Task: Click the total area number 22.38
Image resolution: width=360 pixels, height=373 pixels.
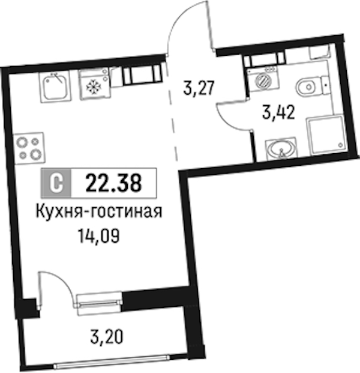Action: [x=113, y=183]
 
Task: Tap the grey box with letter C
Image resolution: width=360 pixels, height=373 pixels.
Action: [x=56, y=183]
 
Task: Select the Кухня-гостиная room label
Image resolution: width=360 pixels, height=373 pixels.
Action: [x=99, y=211]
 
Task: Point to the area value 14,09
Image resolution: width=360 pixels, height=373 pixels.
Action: [x=98, y=237]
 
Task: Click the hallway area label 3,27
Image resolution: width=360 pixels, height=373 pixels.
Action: [x=199, y=88]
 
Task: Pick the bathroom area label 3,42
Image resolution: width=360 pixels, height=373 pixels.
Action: [x=278, y=112]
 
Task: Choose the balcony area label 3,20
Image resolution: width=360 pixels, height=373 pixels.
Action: [x=107, y=337]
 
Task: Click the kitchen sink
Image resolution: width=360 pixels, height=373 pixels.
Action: [x=56, y=86]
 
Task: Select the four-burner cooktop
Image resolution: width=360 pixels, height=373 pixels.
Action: [x=29, y=148]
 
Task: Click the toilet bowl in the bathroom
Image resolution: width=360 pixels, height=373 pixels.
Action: [x=308, y=86]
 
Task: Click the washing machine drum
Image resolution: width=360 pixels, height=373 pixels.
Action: [x=263, y=80]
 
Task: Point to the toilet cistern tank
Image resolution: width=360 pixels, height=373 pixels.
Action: [x=326, y=85]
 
